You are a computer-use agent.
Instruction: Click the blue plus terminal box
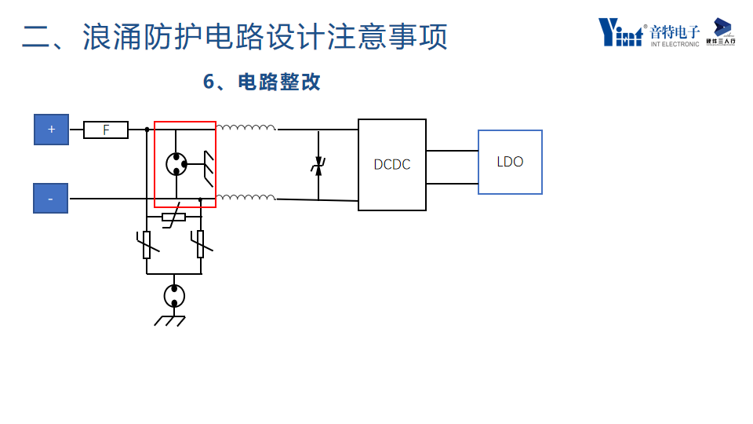[x=51, y=130]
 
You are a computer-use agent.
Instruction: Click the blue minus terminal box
[x=50, y=199]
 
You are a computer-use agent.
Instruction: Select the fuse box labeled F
[x=106, y=130]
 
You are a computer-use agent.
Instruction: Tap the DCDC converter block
[x=392, y=165]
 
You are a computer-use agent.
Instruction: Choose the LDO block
[x=510, y=162]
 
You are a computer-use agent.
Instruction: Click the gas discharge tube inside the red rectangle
[x=176, y=163]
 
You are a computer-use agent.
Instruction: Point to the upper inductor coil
[x=246, y=127]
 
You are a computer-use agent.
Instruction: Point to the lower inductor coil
[x=246, y=197]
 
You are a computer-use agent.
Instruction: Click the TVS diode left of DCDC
[x=318, y=166]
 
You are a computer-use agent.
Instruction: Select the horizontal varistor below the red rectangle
[x=173, y=217]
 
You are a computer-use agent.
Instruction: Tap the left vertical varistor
[x=147, y=244]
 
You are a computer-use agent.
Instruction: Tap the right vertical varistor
[x=200, y=244]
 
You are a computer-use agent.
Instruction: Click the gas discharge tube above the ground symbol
[x=174, y=296]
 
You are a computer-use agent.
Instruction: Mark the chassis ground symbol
[x=170, y=320]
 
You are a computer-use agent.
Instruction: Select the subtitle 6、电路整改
[x=262, y=82]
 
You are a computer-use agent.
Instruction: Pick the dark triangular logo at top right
[x=722, y=27]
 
